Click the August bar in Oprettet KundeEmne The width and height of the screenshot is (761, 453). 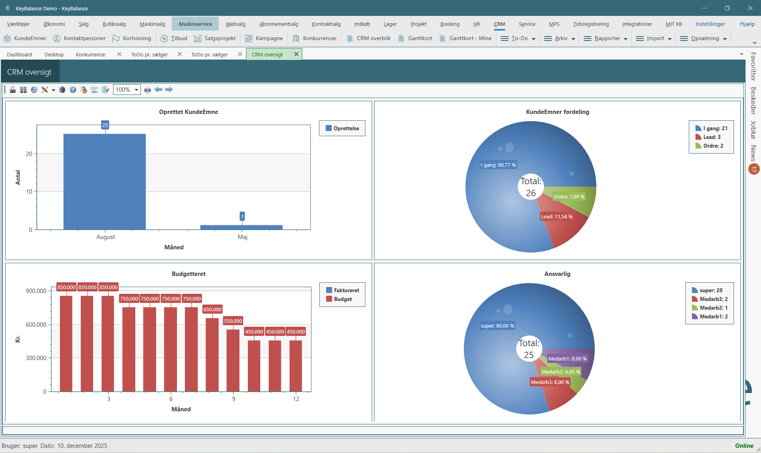[104, 181]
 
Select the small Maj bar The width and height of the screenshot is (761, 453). [241, 227]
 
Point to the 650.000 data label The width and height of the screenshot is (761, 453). [212, 310]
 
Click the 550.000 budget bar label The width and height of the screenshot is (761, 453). [233, 321]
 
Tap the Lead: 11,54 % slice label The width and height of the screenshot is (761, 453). [557, 217]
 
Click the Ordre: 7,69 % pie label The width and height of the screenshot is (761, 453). [569, 197]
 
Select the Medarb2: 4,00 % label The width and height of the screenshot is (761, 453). [561, 372]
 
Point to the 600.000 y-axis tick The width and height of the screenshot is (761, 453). [36, 325]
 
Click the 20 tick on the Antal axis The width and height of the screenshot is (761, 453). [29, 154]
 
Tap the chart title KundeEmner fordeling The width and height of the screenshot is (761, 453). [557, 112]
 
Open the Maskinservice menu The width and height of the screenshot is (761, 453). [195, 24]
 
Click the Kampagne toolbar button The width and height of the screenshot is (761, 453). [264, 39]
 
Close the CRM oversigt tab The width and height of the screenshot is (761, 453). [296, 54]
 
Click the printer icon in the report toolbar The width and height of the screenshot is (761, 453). [148, 90]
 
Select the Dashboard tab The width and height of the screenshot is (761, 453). [19, 55]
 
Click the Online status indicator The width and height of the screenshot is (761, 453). [744, 446]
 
